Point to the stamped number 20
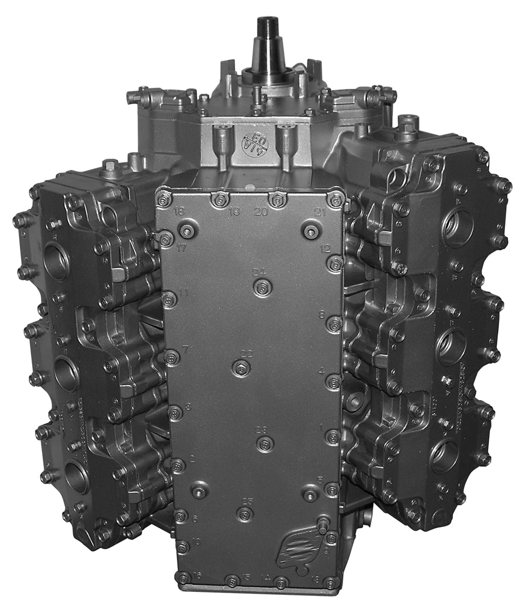point(261,212)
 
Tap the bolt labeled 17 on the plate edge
point(166,238)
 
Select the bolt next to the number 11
point(169,300)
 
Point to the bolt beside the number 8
point(334,324)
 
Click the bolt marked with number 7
point(171,357)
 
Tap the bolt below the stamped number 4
point(333,382)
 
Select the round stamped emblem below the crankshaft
point(255,141)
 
